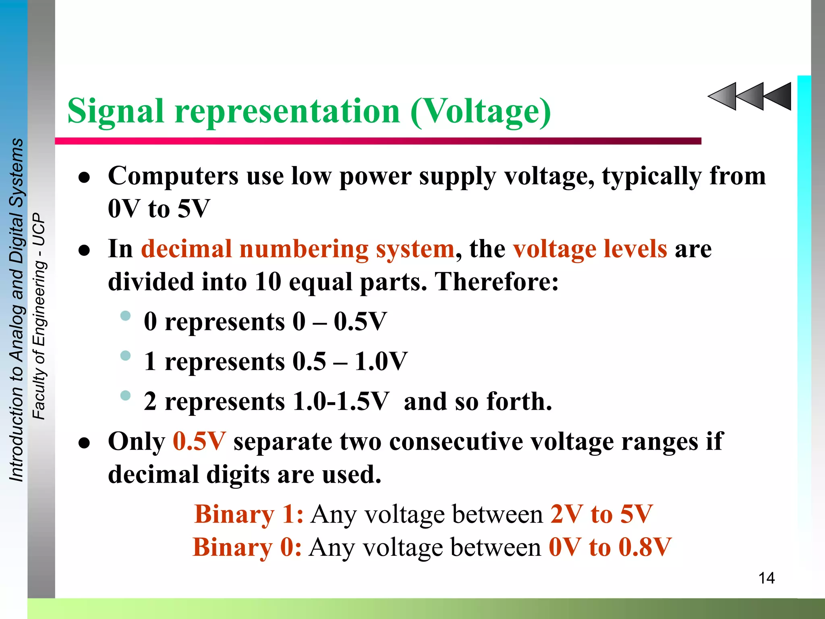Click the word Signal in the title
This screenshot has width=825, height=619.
pyautogui.click(x=116, y=111)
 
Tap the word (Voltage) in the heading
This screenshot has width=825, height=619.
pyautogui.click(x=481, y=111)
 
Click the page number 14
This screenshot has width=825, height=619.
pyautogui.click(x=766, y=578)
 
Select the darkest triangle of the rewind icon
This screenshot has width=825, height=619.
pyautogui.click(x=778, y=96)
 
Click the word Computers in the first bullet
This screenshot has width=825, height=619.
pyautogui.click(x=173, y=176)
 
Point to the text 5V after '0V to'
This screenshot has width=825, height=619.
pyautogui.click(x=194, y=209)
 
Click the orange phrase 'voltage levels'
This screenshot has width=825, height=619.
pyautogui.click(x=590, y=249)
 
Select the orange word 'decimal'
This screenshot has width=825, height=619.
pyautogui.click(x=186, y=249)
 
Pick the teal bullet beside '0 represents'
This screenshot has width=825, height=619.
pyautogui.click(x=126, y=316)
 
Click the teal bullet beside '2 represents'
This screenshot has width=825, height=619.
pyautogui.click(x=126, y=395)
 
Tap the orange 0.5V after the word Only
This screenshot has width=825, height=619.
pyautogui.click(x=199, y=441)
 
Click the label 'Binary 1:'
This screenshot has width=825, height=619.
pyautogui.click(x=249, y=514)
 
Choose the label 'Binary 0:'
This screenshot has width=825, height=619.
pyautogui.click(x=247, y=547)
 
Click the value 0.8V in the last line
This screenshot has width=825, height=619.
pyautogui.click(x=645, y=547)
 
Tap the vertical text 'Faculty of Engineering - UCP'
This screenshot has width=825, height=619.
pyautogui.click(x=39, y=316)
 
